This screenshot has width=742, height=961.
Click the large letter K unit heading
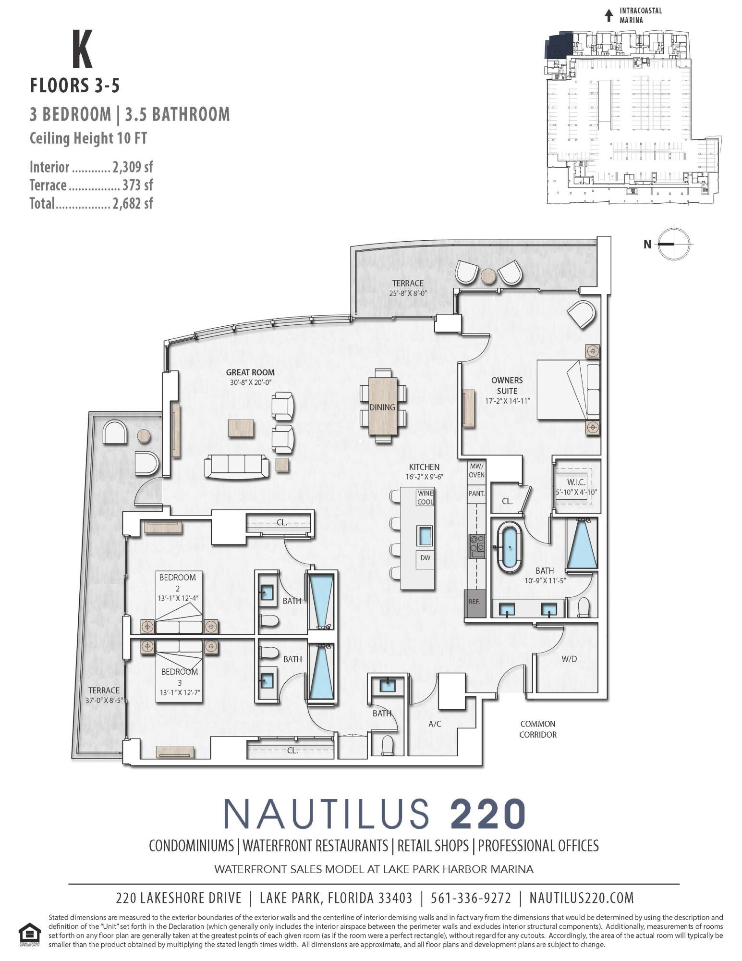pyautogui.click(x=82, y=49)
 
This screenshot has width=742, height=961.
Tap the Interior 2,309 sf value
pyautogui.click(x=133, y=167)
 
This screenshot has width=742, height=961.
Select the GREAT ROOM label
pyautogui.click(x=250, y=372)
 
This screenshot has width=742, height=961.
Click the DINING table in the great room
pyautogui.click(x=382, y=407)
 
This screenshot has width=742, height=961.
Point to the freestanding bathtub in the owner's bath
pyautogui.click(x=508, y=548)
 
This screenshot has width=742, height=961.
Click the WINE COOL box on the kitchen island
pyautogui.click(x=425, y=497)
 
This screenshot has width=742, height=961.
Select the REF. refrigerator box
pyautogui.click(x=474, y=601)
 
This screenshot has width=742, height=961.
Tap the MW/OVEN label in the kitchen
pyautogui.click(x=476, y=470)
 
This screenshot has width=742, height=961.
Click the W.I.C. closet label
pyautogui.click(x=575, y=482)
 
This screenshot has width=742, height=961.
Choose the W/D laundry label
pyautogui.click(x=569, y=659)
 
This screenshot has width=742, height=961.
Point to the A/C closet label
pyautogui.click(x=435, y=724)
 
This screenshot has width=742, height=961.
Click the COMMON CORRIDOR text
pyautogui.click(x=537, y=729)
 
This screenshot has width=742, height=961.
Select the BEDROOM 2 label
pyautogui.click(x=178, y=582)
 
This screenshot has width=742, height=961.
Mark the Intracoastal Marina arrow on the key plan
pyautogui.click(x=609, y=15)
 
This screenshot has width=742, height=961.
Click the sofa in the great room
pyautogui.click(x=236, y=466)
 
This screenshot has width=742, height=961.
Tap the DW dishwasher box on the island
pyautogui.click(x=425, y=558)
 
